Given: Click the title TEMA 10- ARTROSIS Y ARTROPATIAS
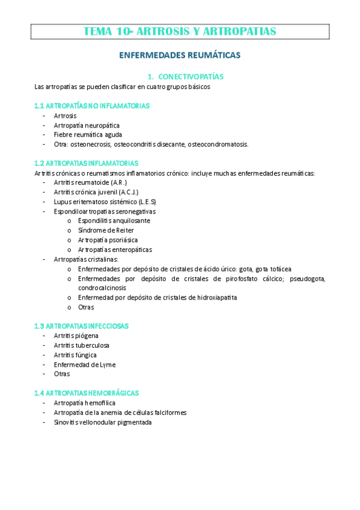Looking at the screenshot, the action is [x=180, y=31].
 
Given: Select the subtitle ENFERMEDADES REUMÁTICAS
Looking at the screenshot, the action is [x=180, y=55].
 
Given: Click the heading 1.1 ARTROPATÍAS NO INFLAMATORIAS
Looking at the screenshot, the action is [x=92, y=106].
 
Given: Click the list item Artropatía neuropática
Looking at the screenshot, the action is [x=82, y=125].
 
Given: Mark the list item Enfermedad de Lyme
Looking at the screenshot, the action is [x=84, y=364].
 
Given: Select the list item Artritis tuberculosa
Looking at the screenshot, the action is [x=82, y=345].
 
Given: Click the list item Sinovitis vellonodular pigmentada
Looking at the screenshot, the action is [x=103, y=422].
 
